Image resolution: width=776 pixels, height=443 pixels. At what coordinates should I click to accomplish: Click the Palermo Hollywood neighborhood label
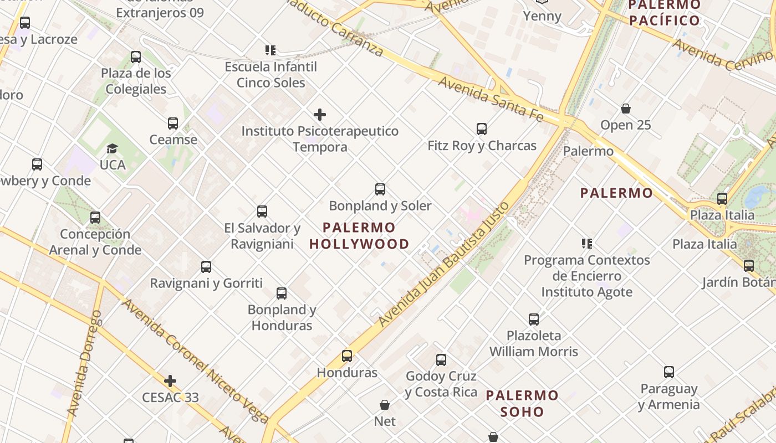(359, 235)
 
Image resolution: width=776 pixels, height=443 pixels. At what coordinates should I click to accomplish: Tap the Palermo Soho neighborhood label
(522, 403)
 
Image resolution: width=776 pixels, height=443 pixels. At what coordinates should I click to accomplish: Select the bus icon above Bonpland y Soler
(380, 189)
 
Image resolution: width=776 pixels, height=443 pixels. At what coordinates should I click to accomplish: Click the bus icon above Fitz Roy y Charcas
(482, 129)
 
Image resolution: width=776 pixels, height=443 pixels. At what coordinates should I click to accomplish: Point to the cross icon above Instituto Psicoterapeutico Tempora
(320, 115)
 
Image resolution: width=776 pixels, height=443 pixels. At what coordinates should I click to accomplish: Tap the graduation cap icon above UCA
(113, 148)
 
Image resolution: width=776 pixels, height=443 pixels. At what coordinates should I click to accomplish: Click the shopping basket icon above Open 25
(626, 109)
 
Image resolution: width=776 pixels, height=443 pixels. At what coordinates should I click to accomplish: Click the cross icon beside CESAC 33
(170, 381)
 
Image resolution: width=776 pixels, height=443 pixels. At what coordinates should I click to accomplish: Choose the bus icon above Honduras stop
(347, 356)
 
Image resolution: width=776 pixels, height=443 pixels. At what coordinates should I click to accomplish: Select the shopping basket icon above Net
(385, 405)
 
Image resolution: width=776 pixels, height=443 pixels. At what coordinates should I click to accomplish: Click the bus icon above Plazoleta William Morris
(534, 319)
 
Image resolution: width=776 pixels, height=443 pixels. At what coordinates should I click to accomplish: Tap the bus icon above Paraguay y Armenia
(669, 372)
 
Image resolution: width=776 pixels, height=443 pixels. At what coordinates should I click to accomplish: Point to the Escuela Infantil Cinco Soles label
(271, 75)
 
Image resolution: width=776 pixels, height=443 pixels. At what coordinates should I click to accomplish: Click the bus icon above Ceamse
(173, 123)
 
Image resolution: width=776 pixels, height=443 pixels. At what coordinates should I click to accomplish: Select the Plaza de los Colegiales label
(136, 81)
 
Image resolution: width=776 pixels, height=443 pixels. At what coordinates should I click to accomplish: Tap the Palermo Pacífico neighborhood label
(664, 13)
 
